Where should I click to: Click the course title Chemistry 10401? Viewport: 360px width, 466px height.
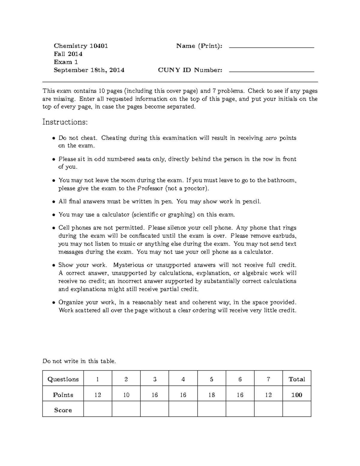(x=81, y=46)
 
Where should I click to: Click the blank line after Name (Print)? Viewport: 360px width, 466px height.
(x=271, y=47)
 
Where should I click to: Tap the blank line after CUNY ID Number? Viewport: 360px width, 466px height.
(x=271, y=71)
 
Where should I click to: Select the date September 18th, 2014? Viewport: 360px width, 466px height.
(x=89, y=70)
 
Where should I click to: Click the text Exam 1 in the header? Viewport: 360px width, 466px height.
(x=66, y=62)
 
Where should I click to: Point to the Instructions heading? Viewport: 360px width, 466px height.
(x=65, y=122)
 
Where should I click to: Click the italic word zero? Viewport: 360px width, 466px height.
(x=271, y=138)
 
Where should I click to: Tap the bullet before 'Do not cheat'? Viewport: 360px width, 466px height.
(x=53, y=138)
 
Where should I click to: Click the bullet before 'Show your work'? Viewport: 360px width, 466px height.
(x=53, y=265)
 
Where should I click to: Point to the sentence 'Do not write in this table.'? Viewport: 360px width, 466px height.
(x=79, y=361)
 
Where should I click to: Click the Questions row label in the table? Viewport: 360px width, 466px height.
(x=63, y=379)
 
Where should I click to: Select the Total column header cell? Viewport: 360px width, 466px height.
(x=297, y=379)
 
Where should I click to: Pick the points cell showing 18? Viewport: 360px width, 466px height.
(x=211, y=395)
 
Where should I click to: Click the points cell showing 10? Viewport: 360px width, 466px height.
(x=126, y=395)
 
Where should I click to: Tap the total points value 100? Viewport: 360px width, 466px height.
(x=297, y=395)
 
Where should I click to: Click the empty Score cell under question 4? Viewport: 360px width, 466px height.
(x=183, y=410)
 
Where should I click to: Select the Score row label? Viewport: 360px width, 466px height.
(x=63, y=410)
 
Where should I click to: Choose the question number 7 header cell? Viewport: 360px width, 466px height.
(x=268, y=379)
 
